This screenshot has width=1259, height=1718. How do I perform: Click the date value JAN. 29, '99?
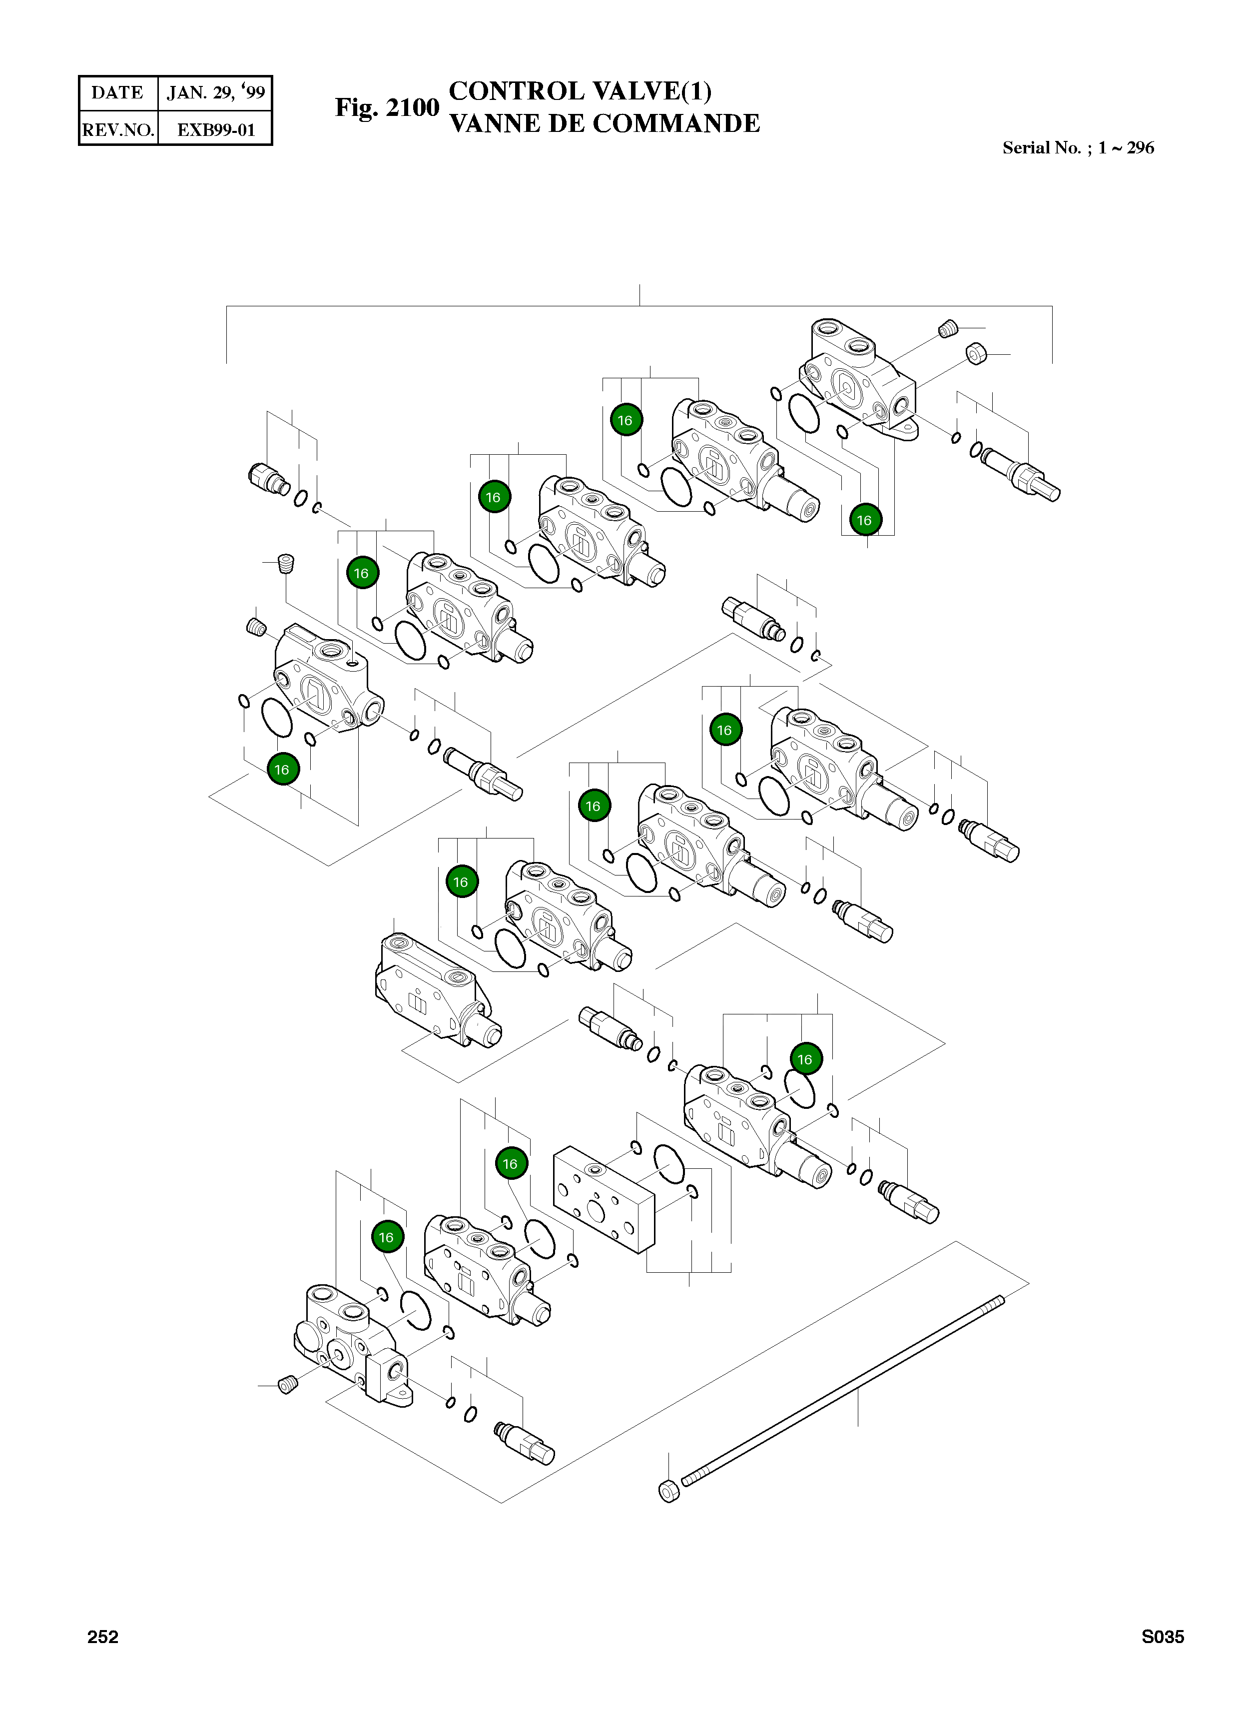pos(216,93)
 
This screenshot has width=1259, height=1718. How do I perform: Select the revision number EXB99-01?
pos(216,129)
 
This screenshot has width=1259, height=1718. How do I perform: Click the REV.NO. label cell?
pos(118,129)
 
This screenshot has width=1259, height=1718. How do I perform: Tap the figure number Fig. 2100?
pos(387,107)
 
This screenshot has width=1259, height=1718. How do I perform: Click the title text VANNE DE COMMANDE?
pos(605,123)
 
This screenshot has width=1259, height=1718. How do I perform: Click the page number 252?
pos(103,1637)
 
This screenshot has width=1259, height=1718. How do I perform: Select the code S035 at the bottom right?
pos(1162,1637)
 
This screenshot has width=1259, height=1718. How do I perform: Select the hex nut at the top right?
pos(976,354)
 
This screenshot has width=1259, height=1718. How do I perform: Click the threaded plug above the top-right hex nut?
pos(947,329)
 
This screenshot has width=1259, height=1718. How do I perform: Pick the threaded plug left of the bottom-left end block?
pos(287,1385)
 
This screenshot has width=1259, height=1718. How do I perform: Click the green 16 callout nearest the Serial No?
pos(864,521)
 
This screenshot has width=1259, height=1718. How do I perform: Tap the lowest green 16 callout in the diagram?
pos(386,1237)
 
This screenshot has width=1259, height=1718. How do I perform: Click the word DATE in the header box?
pos(117,93)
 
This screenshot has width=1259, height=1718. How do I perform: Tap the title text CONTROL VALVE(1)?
pos(580,91)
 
